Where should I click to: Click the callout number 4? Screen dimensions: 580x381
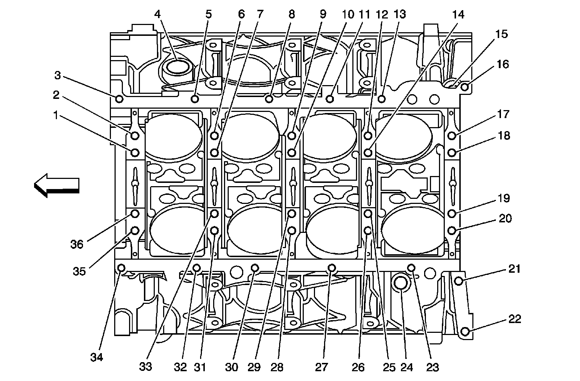(x=157, y=14)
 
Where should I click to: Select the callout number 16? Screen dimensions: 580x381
(x=503, y=64)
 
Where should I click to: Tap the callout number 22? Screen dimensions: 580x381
(x=514, y=319)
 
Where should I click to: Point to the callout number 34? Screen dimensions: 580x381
(x=97, y=357)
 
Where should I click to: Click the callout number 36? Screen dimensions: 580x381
(x=77, y=244)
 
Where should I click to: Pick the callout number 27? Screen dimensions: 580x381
(x=321, y=367)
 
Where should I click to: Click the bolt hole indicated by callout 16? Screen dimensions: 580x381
(x=466, y=87)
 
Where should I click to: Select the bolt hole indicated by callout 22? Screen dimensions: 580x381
(x=466, y=331)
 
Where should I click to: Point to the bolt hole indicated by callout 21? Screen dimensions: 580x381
(x=459, y=281)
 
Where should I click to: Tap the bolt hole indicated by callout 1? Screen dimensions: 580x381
(x=135, y=152)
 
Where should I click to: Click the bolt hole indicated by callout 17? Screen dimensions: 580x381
(x=452, y=135)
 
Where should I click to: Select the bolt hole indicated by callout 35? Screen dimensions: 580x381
(x=135, y=230)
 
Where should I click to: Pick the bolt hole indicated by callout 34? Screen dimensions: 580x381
(x=121, y=268)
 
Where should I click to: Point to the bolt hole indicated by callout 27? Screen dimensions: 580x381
(x=331, y=268)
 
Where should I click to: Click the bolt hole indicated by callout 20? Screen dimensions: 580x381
(x=452, y=230)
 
